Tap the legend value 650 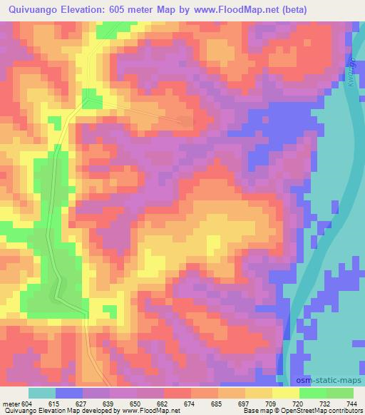coord(138,404)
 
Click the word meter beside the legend coord(11,404)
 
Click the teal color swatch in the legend coord(42,393)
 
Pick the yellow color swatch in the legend coord(286,393)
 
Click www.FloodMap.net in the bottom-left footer coord(145,411)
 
